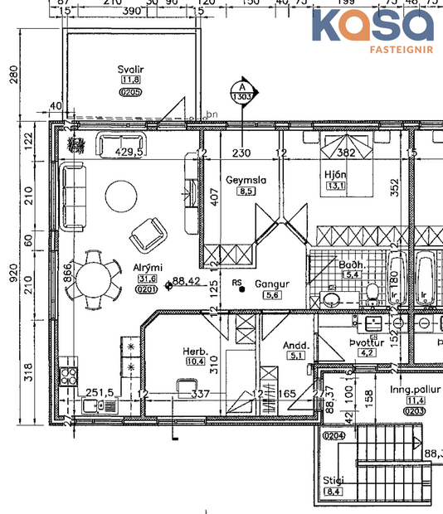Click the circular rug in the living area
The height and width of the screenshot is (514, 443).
pyautogui.click(x=122, y=197)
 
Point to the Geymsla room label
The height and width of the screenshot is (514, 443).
pyautogui.click(x=245, y=179)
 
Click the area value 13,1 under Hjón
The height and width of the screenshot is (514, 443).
pyautogui.click(x=336, y=186)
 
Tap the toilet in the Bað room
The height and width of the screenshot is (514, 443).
pyautogui.click(x=372, y=291)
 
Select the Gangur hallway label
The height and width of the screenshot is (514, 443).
pyautogui.click(x=271, y=283)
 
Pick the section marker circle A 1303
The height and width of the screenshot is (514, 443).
pyautogui.click(x=242, y=91)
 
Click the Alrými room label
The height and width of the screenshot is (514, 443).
pyautogui.click(x=147, y=267)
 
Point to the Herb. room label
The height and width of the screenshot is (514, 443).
pyautogui.click(x=195, y=352)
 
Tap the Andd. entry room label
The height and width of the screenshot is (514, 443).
pyautogui.click(x=296, y=345)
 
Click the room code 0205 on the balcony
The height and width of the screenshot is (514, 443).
pyautogui.click(x=131, y=92)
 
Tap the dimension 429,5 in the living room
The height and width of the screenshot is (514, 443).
pyautogui.click(x=129, y=153)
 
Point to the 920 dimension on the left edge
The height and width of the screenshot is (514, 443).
pyautogui.click(x=12, y=273)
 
